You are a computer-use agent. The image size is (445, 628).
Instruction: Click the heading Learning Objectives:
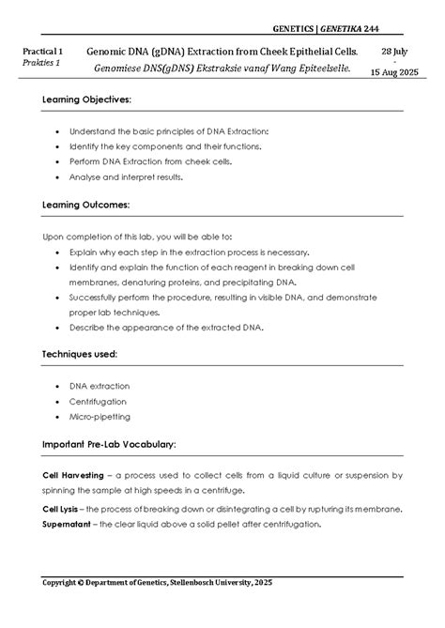pyautogui.click(x=87, y=100)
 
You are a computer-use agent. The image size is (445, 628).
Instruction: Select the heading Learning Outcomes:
pyautogui.click(x=86, y=204)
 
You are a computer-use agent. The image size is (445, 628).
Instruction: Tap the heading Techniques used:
pyautogui.click(x=80, y=355)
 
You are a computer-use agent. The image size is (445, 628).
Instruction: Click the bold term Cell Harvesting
pyautogui.click(x=73, y=476)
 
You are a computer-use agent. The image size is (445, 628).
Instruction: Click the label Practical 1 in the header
pyautogui.click(x=47, y=49)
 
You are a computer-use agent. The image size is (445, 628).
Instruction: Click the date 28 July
pyautogui.click(x=396, y=49)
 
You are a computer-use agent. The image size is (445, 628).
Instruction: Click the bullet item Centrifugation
pyautogui.click(x=99, y=401)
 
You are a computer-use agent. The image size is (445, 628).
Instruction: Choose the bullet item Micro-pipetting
pyautogui.click(x=100, y=416)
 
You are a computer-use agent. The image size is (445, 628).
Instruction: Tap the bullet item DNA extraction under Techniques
pyautogui.click(x=100, y=386)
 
